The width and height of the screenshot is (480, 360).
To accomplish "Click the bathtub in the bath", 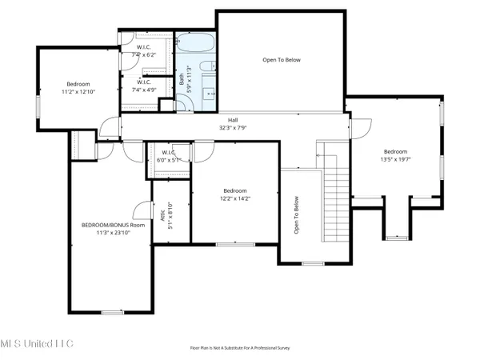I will (x=195, y=43).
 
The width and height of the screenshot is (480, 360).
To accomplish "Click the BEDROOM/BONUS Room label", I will (x=114, y=225).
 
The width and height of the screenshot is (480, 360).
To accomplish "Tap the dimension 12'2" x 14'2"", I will (x=234, y=198).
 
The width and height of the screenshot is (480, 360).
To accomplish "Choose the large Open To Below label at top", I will (x=282, y=60).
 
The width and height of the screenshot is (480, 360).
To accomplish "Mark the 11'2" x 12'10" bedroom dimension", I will (x=78, y=92).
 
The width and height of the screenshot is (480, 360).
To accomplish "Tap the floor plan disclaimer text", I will (x=239, y=348).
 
